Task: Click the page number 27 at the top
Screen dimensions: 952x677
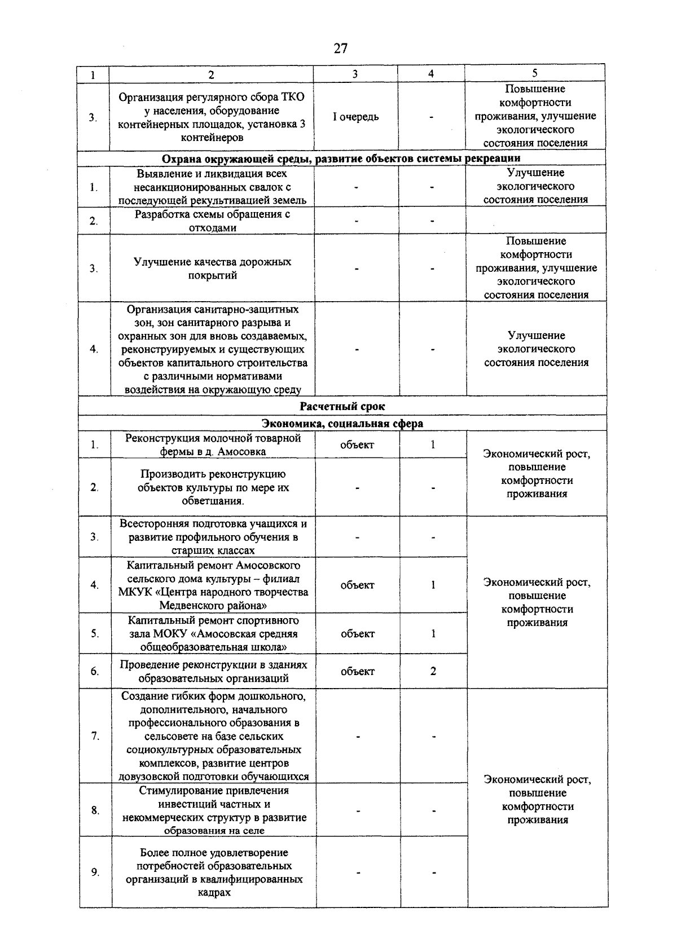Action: (x=340, y=49)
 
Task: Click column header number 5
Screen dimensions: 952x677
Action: (x=534, y=73)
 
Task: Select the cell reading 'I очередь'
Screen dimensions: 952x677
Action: (x=355, y=117)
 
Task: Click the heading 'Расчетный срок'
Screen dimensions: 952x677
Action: (x=342, y=406)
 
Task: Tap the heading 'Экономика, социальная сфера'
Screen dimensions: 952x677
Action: (x=342, y=424)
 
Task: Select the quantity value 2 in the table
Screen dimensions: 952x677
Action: (x=433, y=671)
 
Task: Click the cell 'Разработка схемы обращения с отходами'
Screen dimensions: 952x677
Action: (x=212, y=221)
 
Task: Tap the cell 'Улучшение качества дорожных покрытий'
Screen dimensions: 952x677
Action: (x=212, y=268)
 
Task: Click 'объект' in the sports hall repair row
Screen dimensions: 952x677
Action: (x=357, y=634)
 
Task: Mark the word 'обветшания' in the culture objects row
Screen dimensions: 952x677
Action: (x=212, y=501)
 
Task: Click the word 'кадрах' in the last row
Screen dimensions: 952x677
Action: (x=214, y=893)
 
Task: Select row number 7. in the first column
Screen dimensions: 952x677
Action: (x=95, y=736)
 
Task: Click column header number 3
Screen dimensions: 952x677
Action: (x=355, y=73)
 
